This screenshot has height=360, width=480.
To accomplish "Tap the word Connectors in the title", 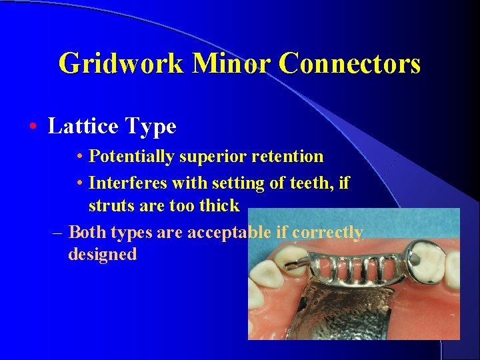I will [350, 64].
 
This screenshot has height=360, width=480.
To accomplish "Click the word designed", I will [102, 255].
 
